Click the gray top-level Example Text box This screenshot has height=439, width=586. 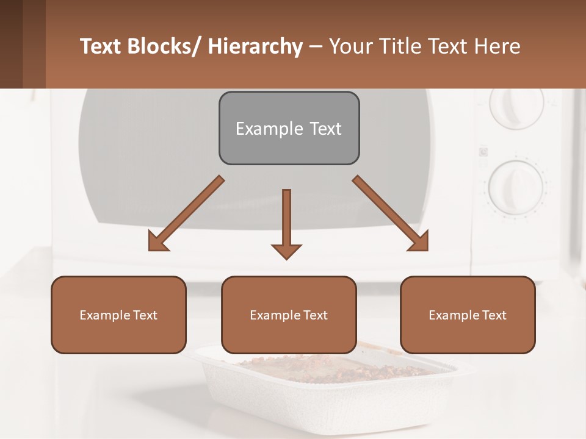click(289, 128)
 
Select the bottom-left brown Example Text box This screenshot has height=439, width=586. click(118, 315)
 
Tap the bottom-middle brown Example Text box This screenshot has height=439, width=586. click(289, 315)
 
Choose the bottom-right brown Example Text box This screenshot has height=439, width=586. click(468, 315)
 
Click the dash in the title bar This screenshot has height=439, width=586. click(316, 48)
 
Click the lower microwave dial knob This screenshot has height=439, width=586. click(516, 186)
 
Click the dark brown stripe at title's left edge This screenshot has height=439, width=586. click(11, 44)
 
